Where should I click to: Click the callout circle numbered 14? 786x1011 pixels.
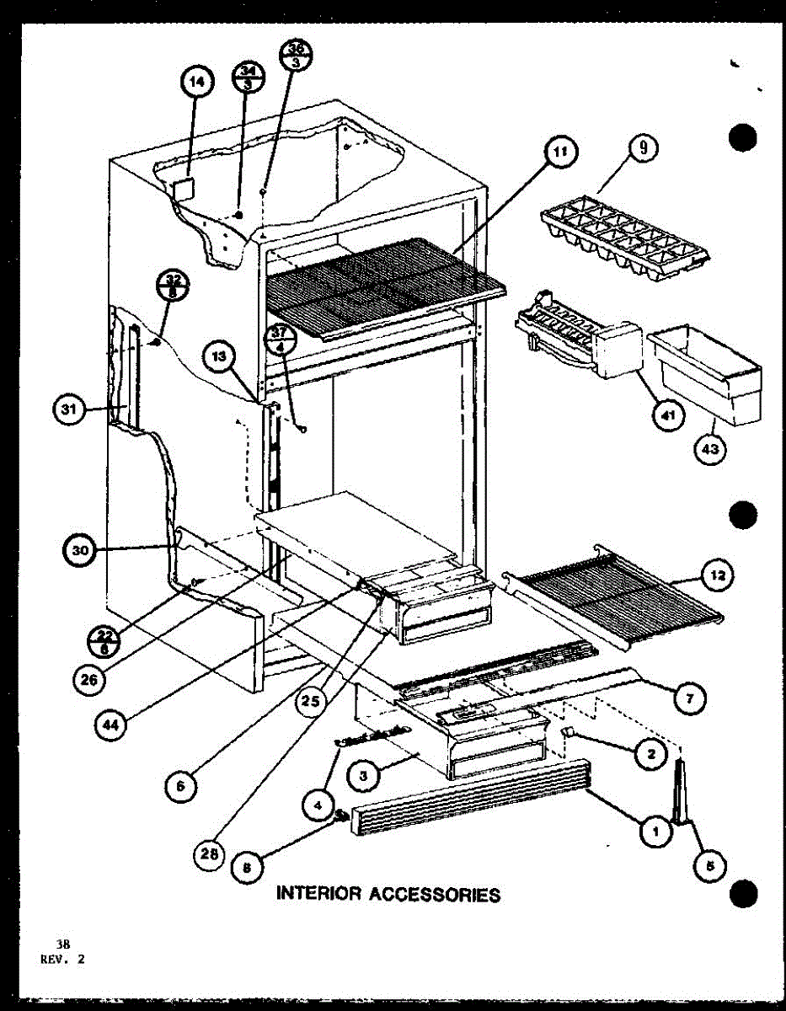[x=195, y=82]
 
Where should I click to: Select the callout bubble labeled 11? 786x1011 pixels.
[x=559, y=152]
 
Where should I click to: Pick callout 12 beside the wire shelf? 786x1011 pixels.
[x=717, y=576]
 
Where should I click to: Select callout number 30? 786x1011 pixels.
[x=80, y=552]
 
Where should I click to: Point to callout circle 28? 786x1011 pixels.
[x=209, y=854]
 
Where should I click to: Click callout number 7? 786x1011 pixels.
[x=689, y=698]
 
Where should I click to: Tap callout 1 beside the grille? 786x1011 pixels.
[x=655, y=832]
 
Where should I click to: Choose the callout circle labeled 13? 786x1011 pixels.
[x=218, y=357]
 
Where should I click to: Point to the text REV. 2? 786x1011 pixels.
[x=61, y=959]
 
